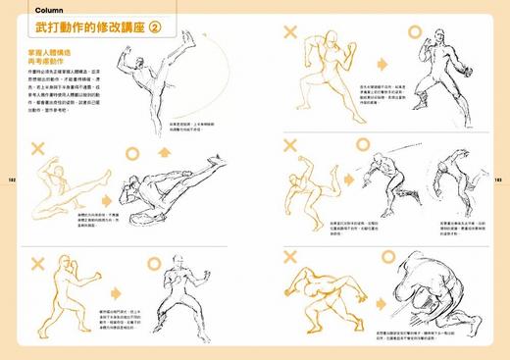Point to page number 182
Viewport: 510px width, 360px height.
click(11, 180)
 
